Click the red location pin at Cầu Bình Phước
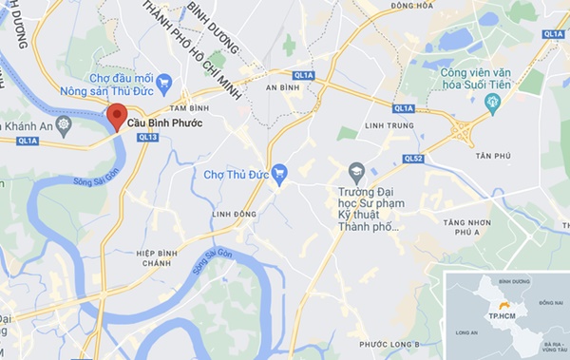click(116, 117)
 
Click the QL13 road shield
click(147, 138)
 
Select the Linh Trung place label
click(385, 124)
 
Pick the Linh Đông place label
click(234, 215)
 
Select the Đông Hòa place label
click(411, 6)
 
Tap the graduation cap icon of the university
click(357, 174)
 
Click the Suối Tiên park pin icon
click(491, 104)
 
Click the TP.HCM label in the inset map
click(502, 314)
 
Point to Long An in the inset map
click(468, 332)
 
